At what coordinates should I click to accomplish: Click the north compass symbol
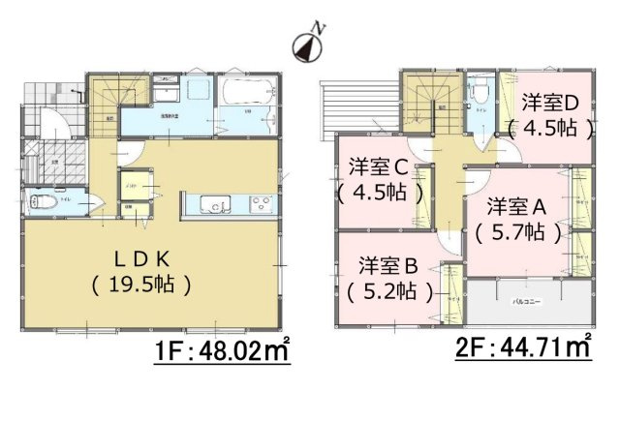point(308,44)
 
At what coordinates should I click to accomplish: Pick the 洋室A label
point(517,206)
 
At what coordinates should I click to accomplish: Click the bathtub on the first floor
point(250,97)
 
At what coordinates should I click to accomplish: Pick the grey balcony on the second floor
point(527,300)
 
